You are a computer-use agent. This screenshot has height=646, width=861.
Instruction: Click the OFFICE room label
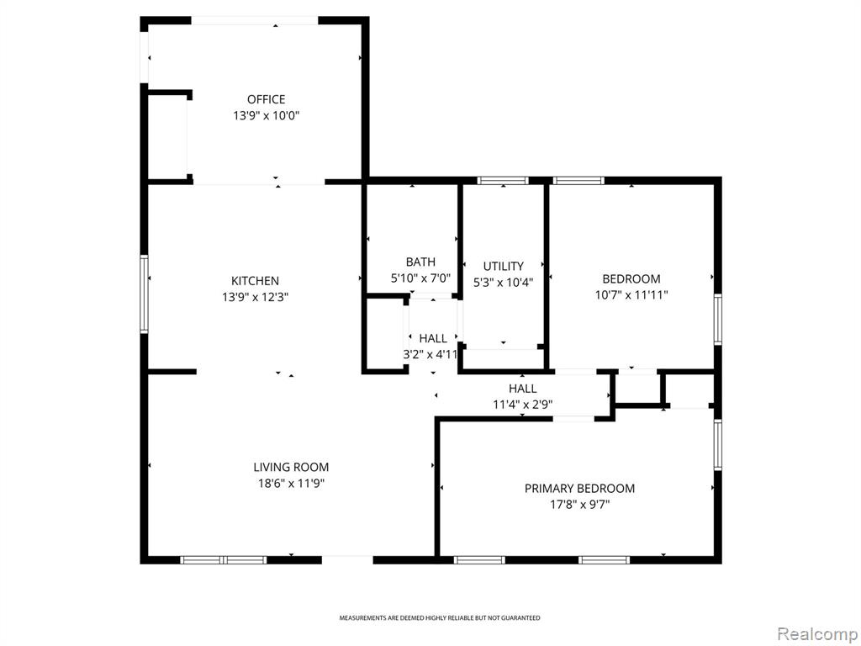(266, 99)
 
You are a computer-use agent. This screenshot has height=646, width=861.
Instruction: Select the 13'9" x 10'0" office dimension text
(266, 116)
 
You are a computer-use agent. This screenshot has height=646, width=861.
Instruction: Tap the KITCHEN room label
(255, 281)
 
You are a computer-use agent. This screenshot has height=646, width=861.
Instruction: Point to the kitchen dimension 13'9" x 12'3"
(255, 297)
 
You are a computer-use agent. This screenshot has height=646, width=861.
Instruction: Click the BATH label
(420, 262)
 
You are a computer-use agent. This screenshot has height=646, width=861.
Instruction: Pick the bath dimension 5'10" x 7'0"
(420, 278)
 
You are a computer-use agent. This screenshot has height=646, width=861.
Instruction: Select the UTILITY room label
(503, 267)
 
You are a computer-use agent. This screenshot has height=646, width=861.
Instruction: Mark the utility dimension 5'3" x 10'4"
(503, 283)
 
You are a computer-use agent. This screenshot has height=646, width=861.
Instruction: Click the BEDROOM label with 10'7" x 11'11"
(631, 278)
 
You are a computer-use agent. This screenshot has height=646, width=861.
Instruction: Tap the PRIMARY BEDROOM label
(579, 489)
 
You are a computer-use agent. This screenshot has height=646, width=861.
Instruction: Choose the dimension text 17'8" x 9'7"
(579, 505)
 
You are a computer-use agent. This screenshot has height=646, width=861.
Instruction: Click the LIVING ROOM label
(291, 468)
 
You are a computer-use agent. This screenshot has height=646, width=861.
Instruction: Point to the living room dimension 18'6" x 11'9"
(291, 484)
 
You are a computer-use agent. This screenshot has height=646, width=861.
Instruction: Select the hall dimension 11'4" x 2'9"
(522, 405)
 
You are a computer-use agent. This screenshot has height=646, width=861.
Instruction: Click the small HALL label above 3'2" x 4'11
(433, 338)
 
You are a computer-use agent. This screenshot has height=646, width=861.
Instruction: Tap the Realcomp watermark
(816, 634)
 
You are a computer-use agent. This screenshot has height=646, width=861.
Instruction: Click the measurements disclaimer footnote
(439, 618)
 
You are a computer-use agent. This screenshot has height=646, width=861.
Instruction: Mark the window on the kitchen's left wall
(144, 294)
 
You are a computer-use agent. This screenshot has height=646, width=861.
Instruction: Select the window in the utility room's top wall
(503, 180)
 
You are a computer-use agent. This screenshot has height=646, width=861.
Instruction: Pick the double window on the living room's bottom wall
(224, 560)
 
